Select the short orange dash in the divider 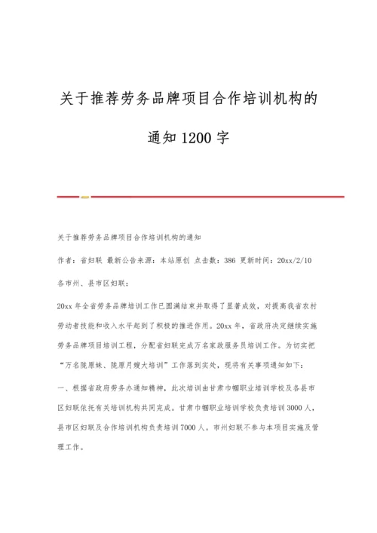click(x=85, y=198)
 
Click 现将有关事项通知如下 click(x=267, y=364)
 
